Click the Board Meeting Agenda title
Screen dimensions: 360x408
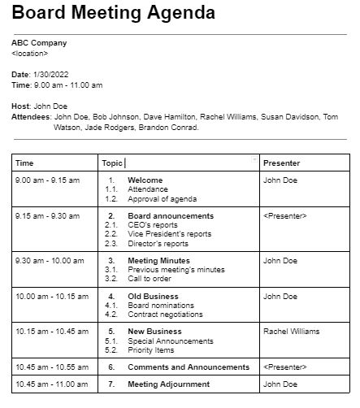pyautogui.click(x=114, y=14)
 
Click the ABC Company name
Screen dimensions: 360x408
pyautogui.click(x=39, y=43)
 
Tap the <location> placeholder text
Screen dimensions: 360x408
pyautogui.click(x=29, y=53)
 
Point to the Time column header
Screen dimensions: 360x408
pyautogui.click(x=24, y=163)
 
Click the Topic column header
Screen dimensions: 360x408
pyautogui.click(x=112, y=163)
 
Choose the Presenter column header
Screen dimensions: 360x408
pyautogui.click(x=281, y=163)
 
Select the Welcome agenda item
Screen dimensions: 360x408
pyautogui.click(x=145, y=180)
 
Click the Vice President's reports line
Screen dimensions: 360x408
pyautogui.click(x=169, y=234)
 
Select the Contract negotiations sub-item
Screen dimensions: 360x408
pyautogui.click(x=167, y=315)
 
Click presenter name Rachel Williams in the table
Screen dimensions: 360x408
pyautogui.click(x=291, y=332)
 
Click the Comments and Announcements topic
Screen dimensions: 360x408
pyautogui.click(x=189, y=367)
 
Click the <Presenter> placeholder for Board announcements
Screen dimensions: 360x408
pyautogui.click(x=284, y=216)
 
